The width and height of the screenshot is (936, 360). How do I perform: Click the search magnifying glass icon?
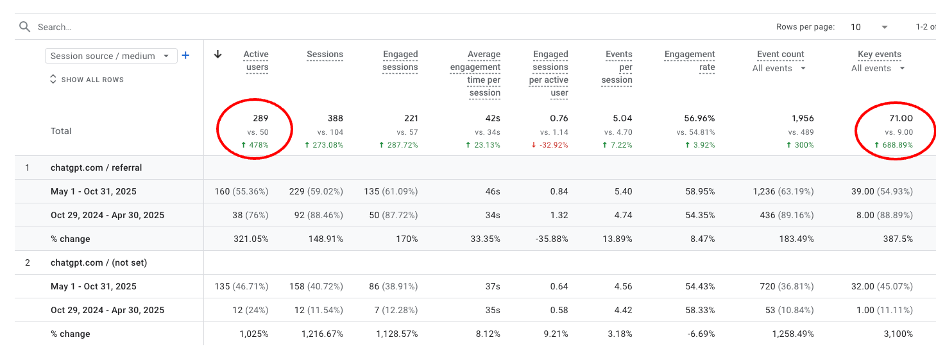pyautogui.click(x=24, y=27)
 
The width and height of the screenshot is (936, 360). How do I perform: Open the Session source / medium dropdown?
pyautogui.click(x=110, y=56)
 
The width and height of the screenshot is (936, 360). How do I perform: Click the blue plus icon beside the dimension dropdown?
pyautogui.click(x=185, y=56)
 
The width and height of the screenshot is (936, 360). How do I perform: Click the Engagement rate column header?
pyautogui.click(x=690, y=61)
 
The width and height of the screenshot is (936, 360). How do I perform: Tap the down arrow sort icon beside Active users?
pyautogui.click(x=217, y=55)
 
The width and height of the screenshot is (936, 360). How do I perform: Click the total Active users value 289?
pyautogui.click(x=260, y=118)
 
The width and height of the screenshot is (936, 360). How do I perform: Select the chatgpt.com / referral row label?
pyautogui.click(x=96, y=167)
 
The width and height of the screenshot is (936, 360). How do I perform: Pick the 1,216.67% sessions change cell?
pyautogui.click(x=322, y=334)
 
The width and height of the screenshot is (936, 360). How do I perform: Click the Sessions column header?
pyautogui.click(x=325, y=55)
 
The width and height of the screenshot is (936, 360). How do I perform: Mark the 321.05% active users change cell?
pyautogui.click(x=251, y=239)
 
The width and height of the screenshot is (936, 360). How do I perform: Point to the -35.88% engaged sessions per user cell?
pyautogui.click(x=552, y=239)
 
